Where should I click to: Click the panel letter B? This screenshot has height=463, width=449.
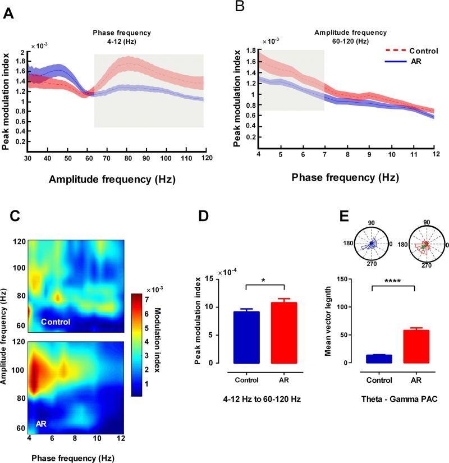click(x=239, y=7)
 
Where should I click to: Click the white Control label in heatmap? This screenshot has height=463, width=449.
click(x=54, y=322)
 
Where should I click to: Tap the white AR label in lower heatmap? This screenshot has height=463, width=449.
click(x=41, y=424)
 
